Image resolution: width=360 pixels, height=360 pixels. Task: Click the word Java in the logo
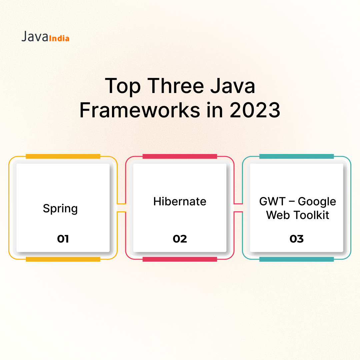click(35, 37)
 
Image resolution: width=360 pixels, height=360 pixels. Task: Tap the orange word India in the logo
click(59, 38)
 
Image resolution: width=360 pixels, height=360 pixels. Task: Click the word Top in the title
click(123, 86)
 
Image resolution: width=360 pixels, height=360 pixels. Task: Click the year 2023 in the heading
click(255, 110)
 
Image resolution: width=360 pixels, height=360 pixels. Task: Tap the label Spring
click(60, 209)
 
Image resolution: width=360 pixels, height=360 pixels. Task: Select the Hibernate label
click(180, 201)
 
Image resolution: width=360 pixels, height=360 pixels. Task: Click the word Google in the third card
click(317, 202)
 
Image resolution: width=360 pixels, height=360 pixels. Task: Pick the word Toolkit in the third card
click(311, 215)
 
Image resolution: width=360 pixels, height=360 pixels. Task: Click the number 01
click(63, 239)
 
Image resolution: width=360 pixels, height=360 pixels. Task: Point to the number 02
click(180, 239)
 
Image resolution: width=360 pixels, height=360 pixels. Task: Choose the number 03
click(296, 239)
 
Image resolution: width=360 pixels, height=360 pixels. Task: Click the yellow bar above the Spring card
click(63, 156)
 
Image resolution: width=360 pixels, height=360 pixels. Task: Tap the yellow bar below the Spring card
click(63, 259)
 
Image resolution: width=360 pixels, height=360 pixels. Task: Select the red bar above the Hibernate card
click(180, 156)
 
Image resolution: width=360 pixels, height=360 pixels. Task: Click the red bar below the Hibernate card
click(180, 259)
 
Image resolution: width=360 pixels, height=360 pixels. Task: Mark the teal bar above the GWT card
click(296, 156)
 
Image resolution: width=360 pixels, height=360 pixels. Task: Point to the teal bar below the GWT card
click(296, 259)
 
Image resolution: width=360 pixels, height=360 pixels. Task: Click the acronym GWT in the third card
click(273, 201)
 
